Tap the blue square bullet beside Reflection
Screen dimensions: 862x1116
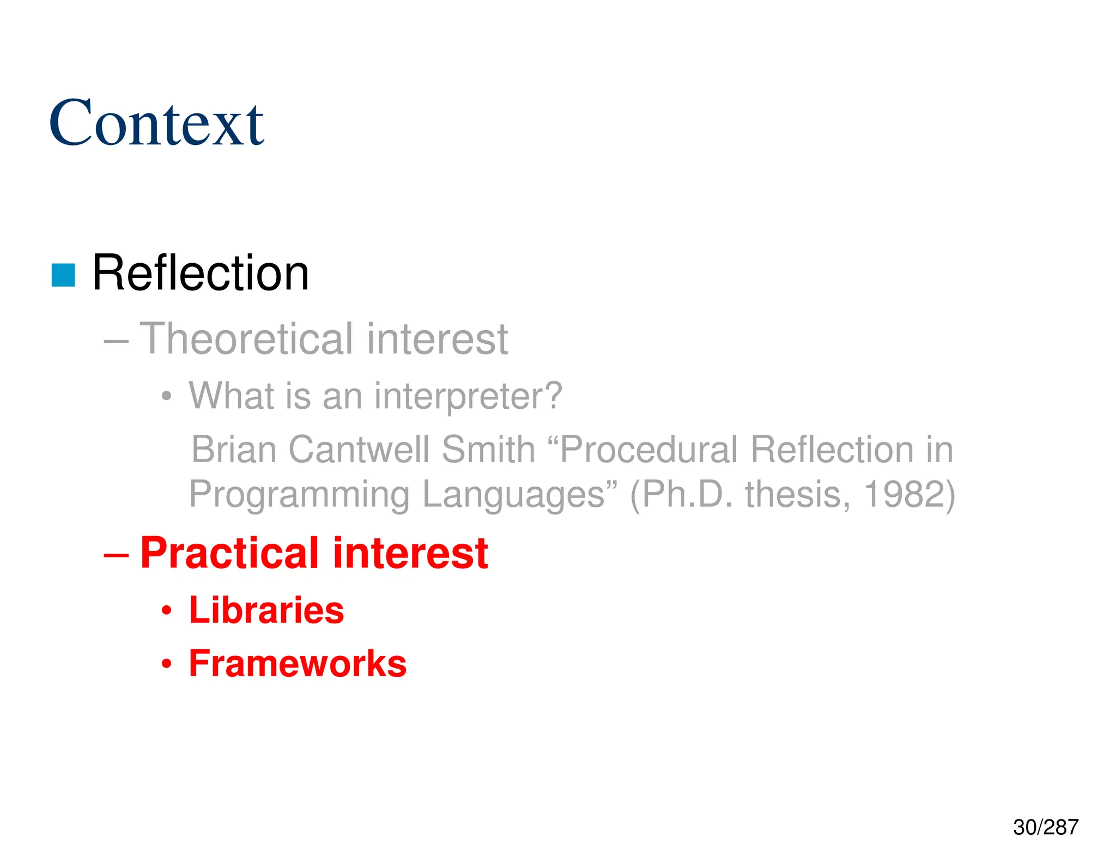coord(63,275)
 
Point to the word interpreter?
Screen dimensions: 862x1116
coord(468,396)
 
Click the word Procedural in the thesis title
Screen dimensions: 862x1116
coord(648,450)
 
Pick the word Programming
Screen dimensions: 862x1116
coord(299,495)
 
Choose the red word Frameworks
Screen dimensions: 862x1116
coord(298,664)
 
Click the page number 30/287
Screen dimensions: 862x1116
coord(1045,827)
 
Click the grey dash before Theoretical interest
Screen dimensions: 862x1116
coord(116,342)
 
